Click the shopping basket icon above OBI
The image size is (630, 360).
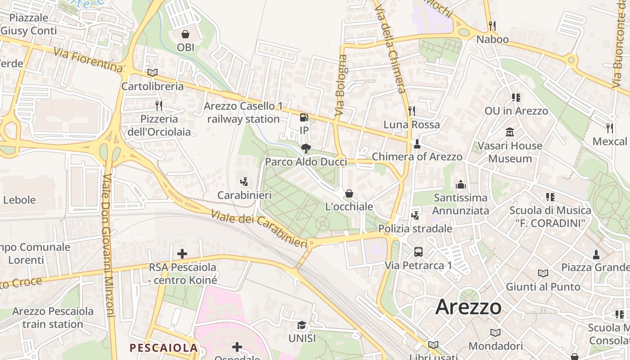185,34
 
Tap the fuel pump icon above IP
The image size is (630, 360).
304,117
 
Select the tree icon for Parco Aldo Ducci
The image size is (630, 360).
306,148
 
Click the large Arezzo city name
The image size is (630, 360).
468,307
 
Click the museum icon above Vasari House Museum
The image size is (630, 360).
510,132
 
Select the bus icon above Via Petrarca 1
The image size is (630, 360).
418,252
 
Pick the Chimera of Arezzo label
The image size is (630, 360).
417,157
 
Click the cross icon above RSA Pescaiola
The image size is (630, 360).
182,254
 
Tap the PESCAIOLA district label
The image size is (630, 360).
164,347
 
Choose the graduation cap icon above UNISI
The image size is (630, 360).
301,325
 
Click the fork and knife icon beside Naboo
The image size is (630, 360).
492,26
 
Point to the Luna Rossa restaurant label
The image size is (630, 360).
411,124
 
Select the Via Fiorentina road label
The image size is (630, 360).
88,59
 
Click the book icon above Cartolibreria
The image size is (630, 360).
153,72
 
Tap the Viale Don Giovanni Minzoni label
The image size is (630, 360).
109,245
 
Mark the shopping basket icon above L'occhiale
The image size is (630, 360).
349,193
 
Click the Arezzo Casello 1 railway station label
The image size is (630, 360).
243,112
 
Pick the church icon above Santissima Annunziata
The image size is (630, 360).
460,184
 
